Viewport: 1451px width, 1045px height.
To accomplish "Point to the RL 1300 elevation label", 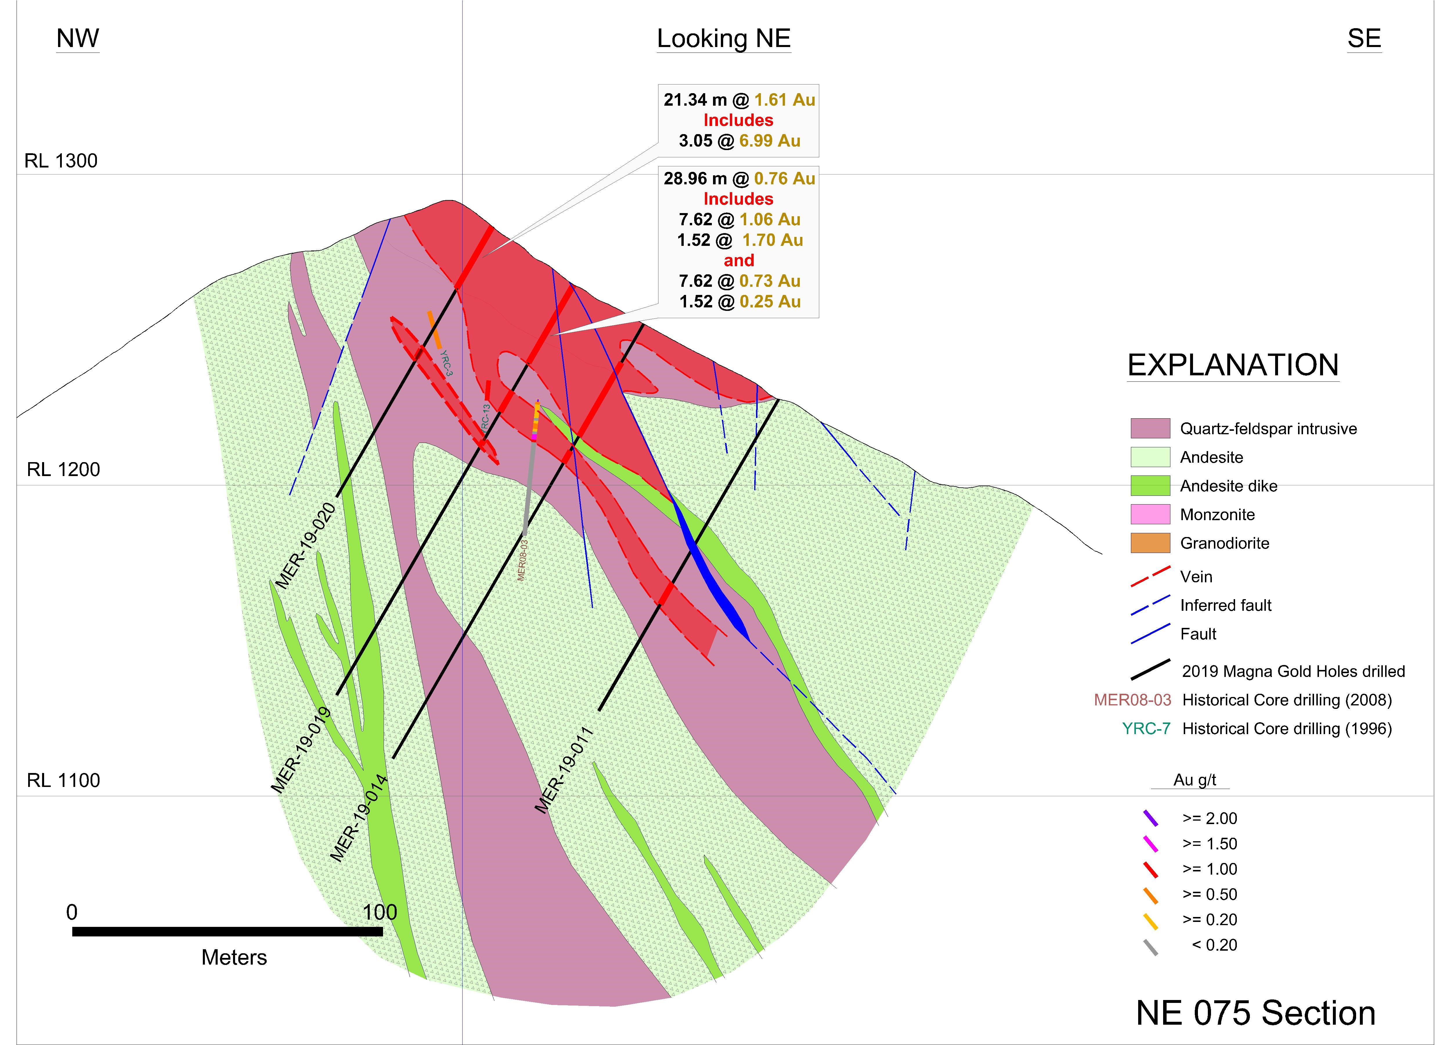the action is coord(61,161).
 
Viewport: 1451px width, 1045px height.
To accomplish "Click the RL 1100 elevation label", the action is coord(63,780).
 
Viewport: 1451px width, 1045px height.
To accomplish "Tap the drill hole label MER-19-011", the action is coord(564,770).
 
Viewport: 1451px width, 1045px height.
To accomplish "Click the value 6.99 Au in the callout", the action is coord(770,141).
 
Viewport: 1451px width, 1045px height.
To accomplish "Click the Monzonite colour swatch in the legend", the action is coord(1150,514).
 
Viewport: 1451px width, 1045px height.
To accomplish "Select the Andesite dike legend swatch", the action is coord(1150,486).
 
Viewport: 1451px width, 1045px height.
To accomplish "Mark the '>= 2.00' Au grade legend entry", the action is coord(1209,819).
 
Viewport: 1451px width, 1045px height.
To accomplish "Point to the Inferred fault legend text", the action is coord(1226,605).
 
